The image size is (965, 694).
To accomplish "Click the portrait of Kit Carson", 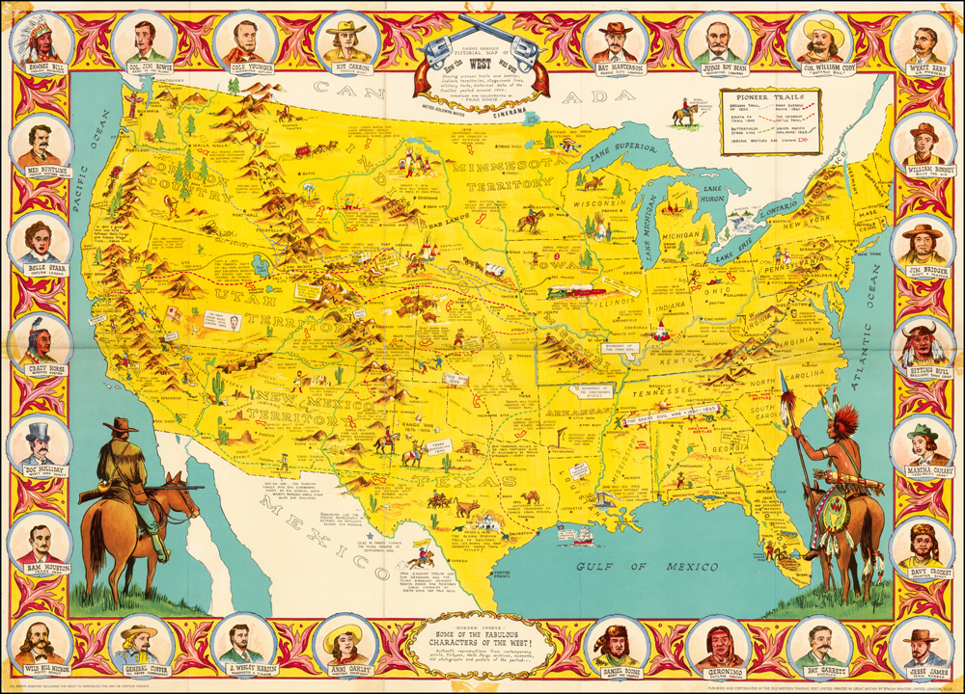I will [346, 40].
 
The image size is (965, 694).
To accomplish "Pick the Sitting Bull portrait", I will [924, 344].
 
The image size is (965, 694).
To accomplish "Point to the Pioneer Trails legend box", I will [790, 122].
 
